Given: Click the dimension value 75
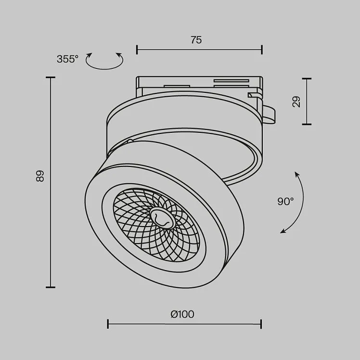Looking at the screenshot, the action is click(x=196, y=40).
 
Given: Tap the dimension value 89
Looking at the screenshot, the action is click(x=40, y=176).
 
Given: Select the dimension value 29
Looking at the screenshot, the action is click(x=296, y=102).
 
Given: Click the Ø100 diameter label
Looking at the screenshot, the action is click(x=182, y=314).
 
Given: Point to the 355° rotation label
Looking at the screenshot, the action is click(x=67, y=59).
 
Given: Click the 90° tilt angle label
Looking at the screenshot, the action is click(x=285, y=201).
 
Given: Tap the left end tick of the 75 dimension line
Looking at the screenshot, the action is click(x=137, y=50).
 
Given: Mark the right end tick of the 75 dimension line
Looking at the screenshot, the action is click(x=262, y=50).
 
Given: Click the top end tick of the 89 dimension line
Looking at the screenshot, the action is click(x=50, y=77).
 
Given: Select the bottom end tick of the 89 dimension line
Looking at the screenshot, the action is click(x=50, y=287).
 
